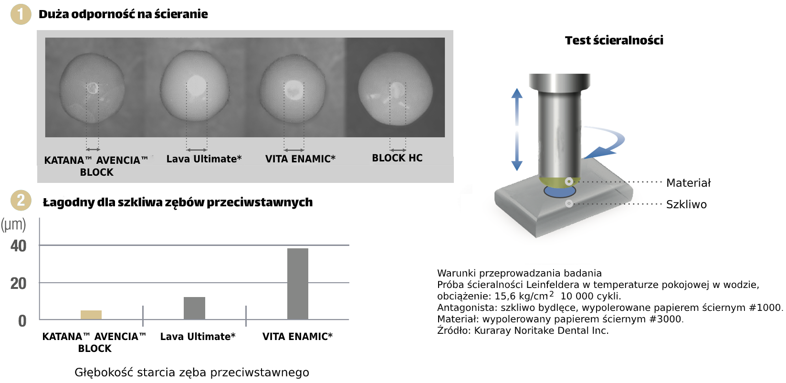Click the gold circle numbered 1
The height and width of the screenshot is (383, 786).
(21, 14)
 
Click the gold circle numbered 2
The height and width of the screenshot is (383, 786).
(21, 201)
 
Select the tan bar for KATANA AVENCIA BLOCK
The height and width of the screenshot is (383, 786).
(91, 315)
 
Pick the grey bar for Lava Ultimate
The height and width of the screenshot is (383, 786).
(194, 308)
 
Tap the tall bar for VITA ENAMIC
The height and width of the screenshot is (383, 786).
(298, 284)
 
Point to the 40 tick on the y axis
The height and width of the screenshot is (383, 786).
(18, 246)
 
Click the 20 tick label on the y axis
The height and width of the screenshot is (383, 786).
(18, 283)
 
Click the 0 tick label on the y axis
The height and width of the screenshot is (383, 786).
(22, 321)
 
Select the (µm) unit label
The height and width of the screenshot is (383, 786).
(13, 224)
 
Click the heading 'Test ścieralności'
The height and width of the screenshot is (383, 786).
(614, 41)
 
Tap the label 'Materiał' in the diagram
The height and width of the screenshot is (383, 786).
(689, 183)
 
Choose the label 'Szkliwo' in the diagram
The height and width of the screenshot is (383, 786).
(686, 204)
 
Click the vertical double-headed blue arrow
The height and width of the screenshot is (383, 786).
(517, 129)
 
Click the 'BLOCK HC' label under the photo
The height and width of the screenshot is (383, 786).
(397, 158)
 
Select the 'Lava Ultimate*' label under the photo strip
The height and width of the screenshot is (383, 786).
(204, 159)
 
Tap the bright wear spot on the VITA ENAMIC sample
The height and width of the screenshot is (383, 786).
(292, 88)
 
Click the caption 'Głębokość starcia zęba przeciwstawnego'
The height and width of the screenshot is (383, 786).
(192, 372)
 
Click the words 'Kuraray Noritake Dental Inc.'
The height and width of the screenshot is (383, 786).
(542, 330)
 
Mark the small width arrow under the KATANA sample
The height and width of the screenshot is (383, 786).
(93, 149)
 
